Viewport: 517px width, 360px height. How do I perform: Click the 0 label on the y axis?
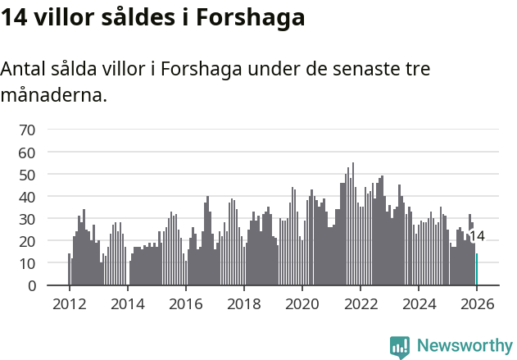[x=31, y=285]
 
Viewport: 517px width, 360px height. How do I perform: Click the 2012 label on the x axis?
[x=69, y=303]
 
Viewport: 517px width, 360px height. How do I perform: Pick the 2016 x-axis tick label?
[x=185, y=303]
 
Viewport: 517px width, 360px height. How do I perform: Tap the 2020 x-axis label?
[x=302, y=303]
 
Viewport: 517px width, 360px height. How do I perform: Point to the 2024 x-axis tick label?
[x=419, y=303]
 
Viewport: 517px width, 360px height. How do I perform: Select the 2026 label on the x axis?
[x=477, y=303]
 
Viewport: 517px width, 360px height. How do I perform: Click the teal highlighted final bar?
[x=477, y=270]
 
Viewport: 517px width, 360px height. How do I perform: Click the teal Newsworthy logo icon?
[x=400, y=346]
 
